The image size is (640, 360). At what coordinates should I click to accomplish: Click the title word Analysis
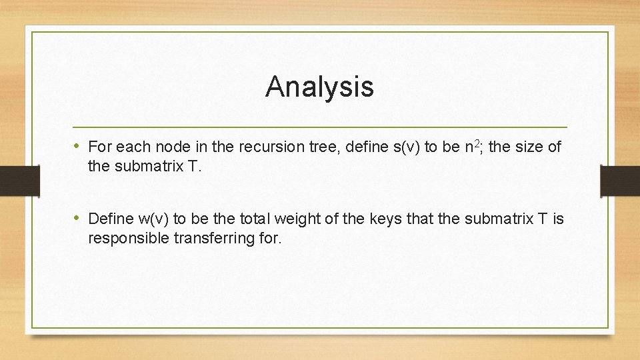coord(319,87)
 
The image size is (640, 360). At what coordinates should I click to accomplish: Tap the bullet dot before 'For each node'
coord(78,146)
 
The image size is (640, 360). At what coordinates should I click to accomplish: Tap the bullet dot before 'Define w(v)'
coord(78,218)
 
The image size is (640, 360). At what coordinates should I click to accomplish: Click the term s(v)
coord(386,147)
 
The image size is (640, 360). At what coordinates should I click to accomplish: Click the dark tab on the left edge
coord(11,181)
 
